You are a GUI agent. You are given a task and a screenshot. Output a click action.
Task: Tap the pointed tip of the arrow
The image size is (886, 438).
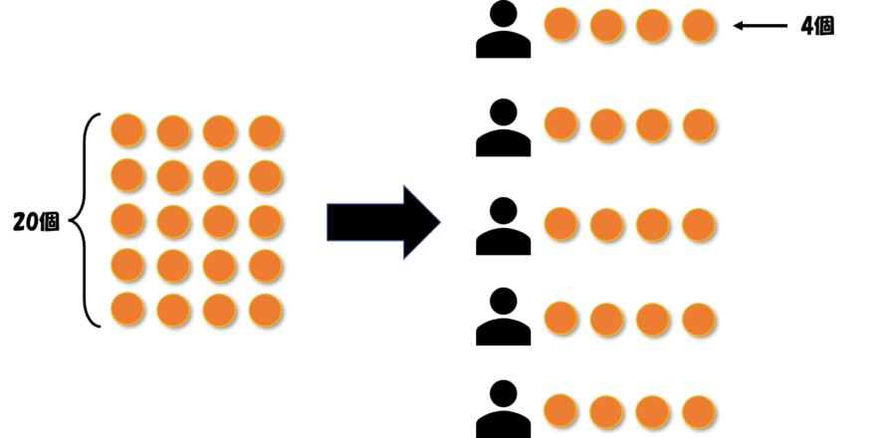(x=439, y=222)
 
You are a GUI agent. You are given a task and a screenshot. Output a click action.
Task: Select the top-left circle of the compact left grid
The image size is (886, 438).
(x=126, y=129)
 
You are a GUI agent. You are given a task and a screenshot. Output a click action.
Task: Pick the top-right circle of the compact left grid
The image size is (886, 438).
(x=265, y=131)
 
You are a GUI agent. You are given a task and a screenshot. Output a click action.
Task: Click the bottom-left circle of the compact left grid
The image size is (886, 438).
(x=126, y=309)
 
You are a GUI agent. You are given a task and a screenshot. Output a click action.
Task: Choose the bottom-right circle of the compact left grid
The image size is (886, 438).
(x=265, y=310)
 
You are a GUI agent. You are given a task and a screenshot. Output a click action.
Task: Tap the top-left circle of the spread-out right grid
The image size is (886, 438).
(x=560, y=24)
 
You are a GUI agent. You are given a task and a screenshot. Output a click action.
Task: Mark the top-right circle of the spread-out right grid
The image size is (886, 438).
(x=698, y=25)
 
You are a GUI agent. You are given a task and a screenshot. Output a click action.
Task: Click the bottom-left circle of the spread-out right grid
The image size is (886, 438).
(x=560, y=410)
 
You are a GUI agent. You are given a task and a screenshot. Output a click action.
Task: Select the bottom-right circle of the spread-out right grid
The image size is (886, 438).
(x=698, y=411)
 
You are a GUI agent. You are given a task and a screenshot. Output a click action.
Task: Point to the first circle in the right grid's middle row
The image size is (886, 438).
(x=560, y=223)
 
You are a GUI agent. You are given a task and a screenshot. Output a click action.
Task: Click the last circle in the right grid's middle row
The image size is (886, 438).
(x=698, y=224)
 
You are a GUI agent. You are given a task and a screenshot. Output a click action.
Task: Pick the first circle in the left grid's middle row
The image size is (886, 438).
(x=126, y=219)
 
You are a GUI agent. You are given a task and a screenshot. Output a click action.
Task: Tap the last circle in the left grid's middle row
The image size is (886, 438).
(x=265, y=221)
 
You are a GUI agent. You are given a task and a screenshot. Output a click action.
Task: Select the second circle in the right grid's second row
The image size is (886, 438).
(x=606, y=124)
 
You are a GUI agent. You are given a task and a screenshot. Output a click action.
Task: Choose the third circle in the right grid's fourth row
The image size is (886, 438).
(x=652, y=319)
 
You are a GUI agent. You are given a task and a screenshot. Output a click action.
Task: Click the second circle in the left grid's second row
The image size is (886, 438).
(x=172, y=176)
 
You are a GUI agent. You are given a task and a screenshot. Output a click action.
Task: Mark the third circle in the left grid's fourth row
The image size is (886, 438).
(x=219, y=266)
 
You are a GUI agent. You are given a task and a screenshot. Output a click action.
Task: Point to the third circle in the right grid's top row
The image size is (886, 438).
(x=652, y=25)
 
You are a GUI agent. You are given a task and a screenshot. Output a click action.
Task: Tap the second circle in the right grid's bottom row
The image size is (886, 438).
(x=606, y=411)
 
